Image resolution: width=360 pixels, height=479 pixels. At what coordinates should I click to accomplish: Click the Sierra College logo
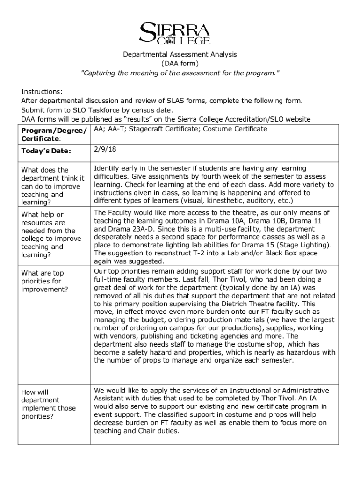175,33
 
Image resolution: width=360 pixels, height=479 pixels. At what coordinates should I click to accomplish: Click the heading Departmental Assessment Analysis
180,54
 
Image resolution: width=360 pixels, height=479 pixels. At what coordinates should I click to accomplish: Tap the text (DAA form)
180,63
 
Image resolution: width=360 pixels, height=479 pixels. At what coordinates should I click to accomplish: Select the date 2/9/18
103,150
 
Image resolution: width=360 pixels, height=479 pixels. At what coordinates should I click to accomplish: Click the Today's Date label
46,151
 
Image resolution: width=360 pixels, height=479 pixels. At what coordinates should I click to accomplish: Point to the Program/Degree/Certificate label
54,135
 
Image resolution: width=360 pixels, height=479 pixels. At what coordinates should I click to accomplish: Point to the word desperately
114,237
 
